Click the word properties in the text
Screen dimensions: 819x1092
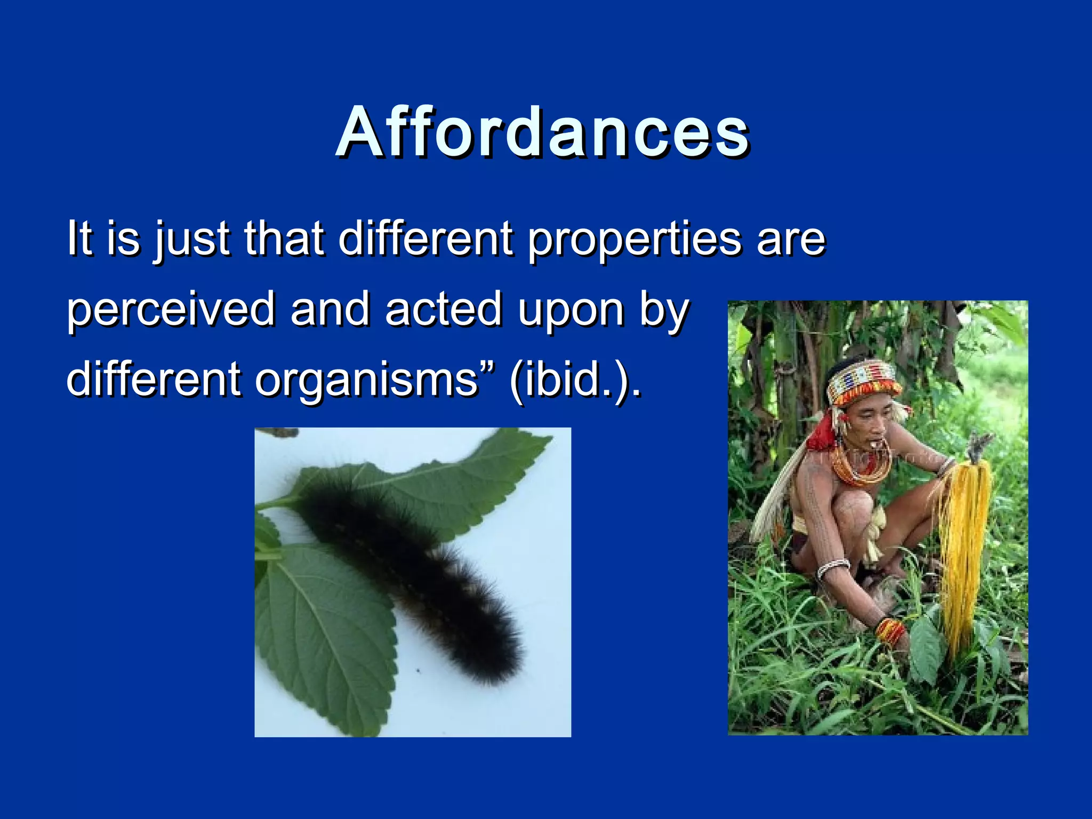click(x=635, y=238)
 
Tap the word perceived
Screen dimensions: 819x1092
click(x=171, y=309)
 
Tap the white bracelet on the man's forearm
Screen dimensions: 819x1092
click(x=833, y=568)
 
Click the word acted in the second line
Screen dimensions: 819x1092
click(x=443, y=309)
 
